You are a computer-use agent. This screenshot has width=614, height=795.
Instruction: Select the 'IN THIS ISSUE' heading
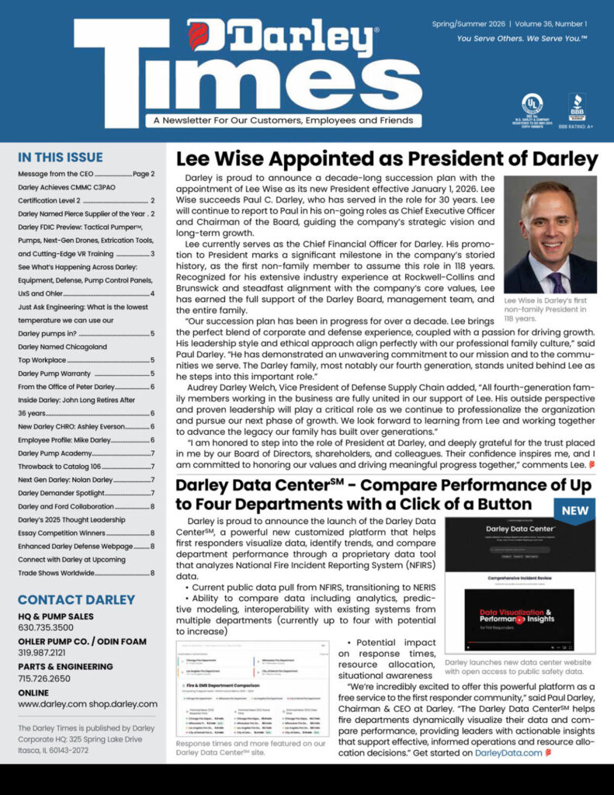[x=60, y=155]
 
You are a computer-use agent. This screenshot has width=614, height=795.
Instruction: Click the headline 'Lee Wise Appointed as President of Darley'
[x=387, y=159]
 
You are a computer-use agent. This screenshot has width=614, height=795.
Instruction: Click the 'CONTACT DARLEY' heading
[x=76, y=599]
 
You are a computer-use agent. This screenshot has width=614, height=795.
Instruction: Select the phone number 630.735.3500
[x=46, y=627]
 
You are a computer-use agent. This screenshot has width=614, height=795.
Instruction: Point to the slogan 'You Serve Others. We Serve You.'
[x=522, y=38]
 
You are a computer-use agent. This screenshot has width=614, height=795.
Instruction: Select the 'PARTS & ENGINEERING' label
[x=66, y=666]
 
